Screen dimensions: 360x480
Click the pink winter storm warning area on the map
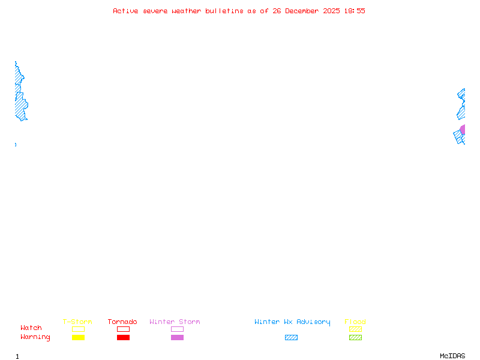[x=463, y=130]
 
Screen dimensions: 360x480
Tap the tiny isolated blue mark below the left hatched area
[x=16, y=145]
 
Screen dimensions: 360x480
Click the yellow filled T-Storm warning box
[x=78, y=338]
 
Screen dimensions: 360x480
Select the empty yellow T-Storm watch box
[x=78, y=329]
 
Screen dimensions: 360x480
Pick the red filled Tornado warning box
[x=123, y=338]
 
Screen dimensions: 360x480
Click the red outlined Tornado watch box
[x=123, y=329]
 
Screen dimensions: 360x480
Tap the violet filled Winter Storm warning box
[x=177, y=338]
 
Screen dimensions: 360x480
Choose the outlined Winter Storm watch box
[x=177, y=329]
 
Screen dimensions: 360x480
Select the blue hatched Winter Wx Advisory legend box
[x=291, y=338]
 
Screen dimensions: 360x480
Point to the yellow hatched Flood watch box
[x=355, y=329]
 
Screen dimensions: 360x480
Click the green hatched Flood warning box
[x=355, y=338]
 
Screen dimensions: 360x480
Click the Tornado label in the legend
[x=122, y=322]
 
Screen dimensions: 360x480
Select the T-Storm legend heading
[x=77, y=322]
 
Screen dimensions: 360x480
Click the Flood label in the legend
[x=355, y=322]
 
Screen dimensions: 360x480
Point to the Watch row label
[x=31, y=328]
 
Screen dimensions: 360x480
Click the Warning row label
[x=35, y=337]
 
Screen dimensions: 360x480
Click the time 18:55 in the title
[x=354, y=11]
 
